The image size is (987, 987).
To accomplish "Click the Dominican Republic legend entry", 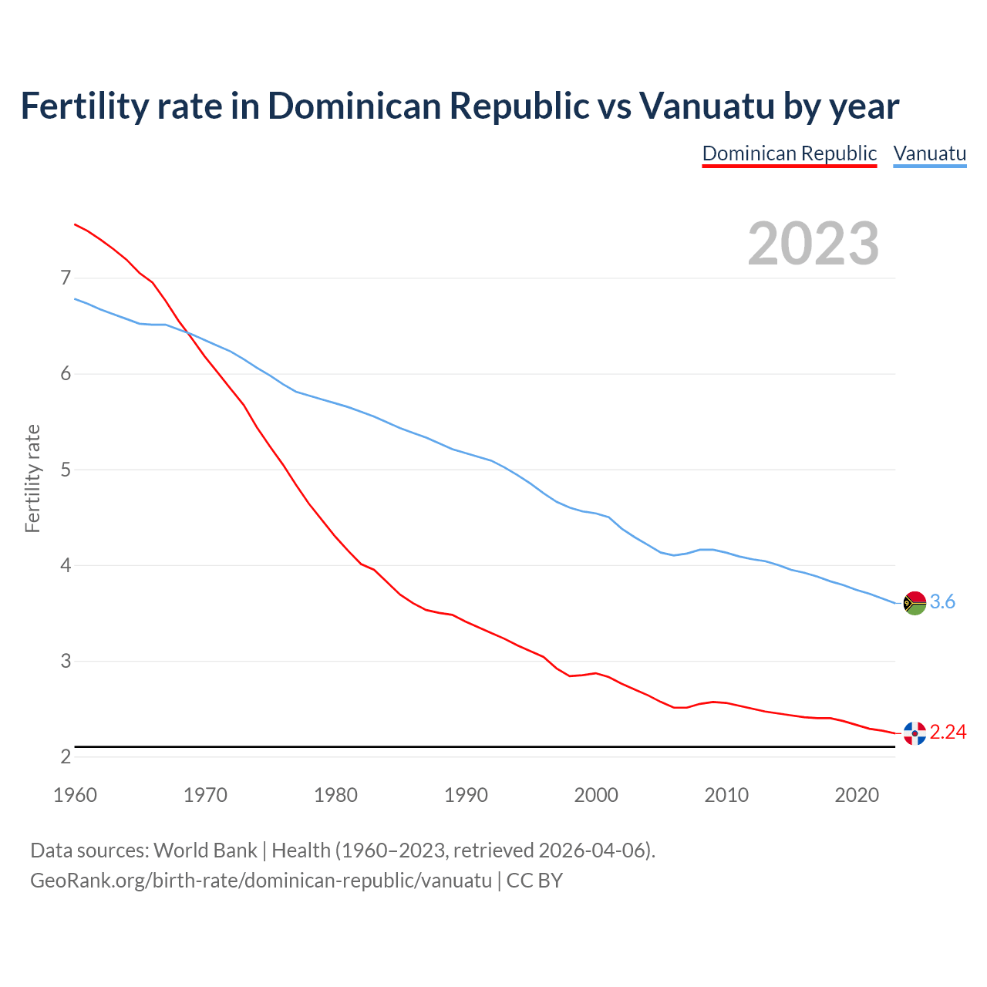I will pos(789,153).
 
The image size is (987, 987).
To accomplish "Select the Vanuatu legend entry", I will pos(929,153).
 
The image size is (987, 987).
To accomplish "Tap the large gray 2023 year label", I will pos(814,244).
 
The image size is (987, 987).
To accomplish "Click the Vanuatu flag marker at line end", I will pos(915,602).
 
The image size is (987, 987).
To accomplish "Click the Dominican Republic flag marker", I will pos(915,733).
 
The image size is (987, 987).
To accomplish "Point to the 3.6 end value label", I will pos(942,601).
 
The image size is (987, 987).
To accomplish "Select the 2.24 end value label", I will pos(948,732).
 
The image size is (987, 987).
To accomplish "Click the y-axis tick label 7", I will pos(66,278).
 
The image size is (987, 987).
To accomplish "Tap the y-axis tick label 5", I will pos(66,470).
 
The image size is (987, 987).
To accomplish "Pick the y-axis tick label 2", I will pos(66,756).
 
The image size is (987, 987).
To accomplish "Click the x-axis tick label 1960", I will pos(75,795).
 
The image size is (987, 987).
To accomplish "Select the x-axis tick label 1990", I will pos(466,795).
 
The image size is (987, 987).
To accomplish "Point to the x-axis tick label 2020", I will pos(857,795).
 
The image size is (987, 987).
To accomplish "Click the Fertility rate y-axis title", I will pos(32,478).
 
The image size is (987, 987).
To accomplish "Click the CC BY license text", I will pos(534,881).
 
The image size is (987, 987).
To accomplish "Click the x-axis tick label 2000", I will pos(596,795).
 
